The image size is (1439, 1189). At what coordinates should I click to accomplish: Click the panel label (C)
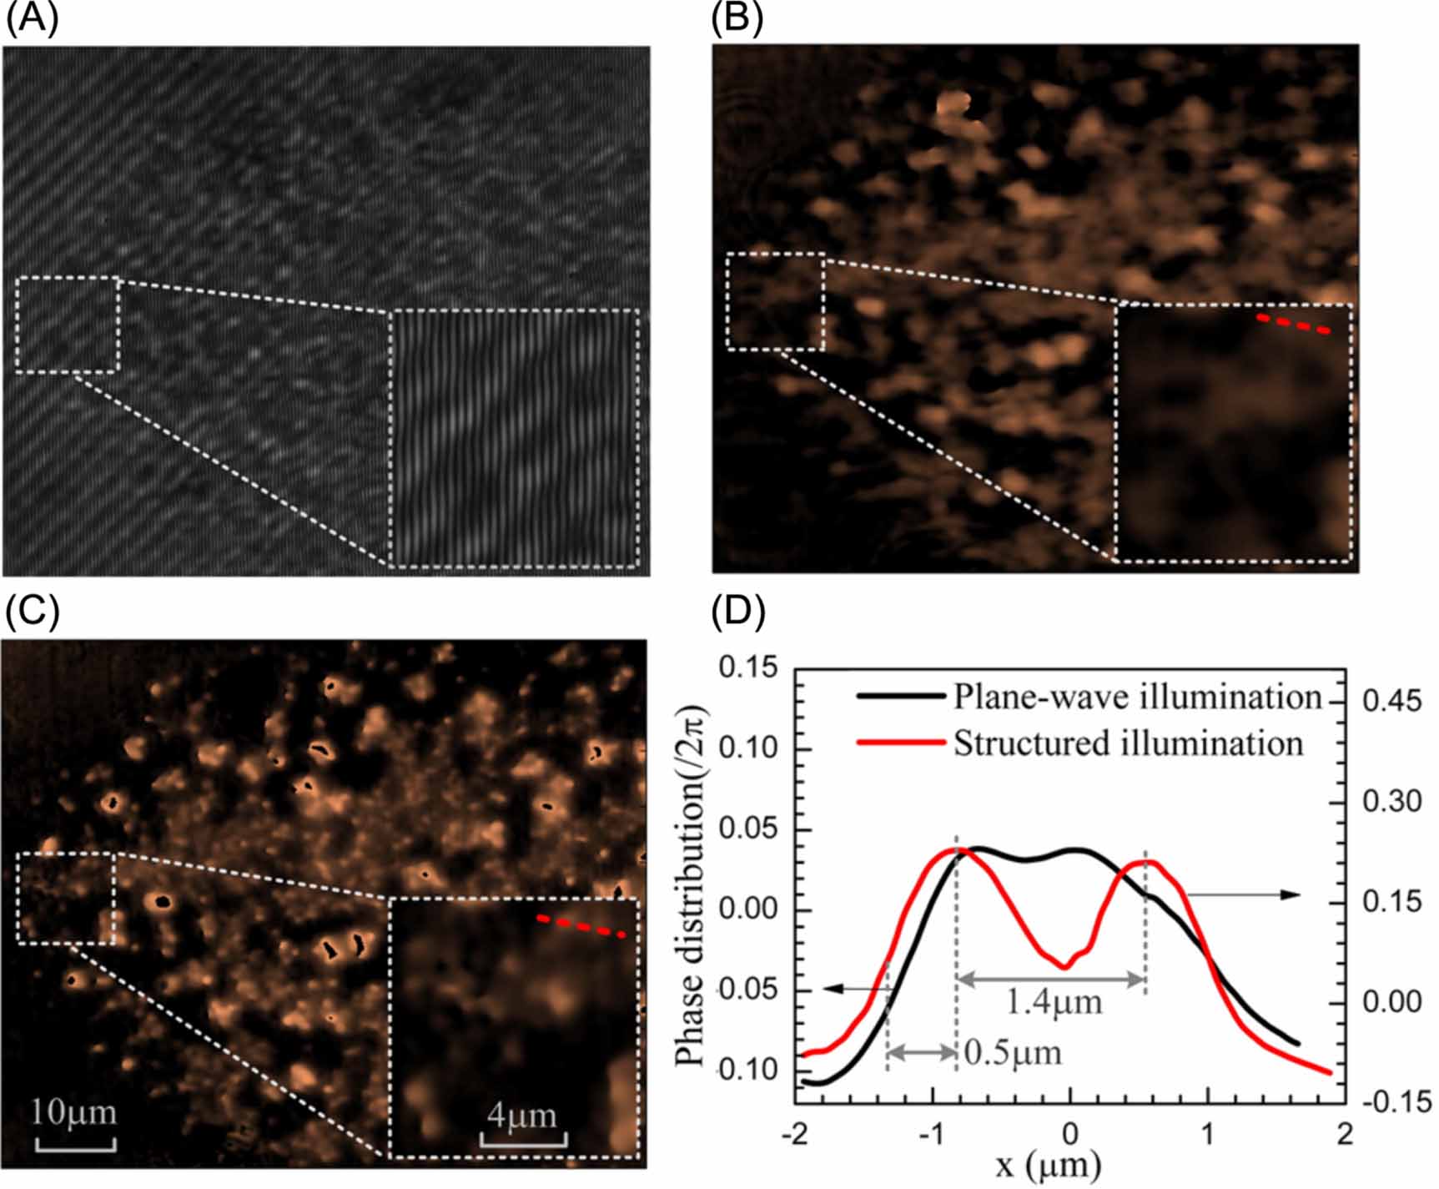click(x=32, y=613)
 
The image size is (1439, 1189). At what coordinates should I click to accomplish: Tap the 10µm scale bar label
click(x=74, y=1112)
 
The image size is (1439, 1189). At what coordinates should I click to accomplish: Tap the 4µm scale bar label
click(x=523, y=1116)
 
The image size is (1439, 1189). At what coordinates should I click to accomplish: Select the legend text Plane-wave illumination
click(x=1138, y=698)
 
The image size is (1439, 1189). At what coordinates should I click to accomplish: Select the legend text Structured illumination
click(x=1128, y=743)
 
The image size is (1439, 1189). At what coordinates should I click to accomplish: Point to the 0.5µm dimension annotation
click(x=1013, y=1053)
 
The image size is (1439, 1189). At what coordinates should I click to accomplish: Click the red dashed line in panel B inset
click(x=1293, y=324)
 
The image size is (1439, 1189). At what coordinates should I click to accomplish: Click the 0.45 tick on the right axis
click(x=1391, y=702)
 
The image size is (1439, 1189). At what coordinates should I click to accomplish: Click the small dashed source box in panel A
click(x=68, y=325)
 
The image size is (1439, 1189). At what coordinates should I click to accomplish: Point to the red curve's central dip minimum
click(x=1065, y=967)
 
